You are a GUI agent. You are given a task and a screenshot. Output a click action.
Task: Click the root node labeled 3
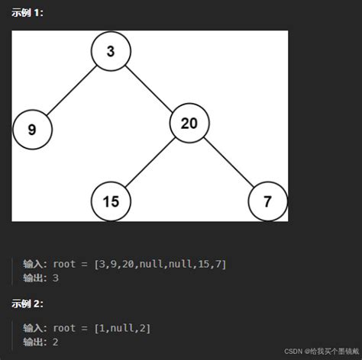pos(111,52)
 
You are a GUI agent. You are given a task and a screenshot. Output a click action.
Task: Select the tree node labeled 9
pos(32,130)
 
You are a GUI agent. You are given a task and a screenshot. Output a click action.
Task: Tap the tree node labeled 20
pos(189,123)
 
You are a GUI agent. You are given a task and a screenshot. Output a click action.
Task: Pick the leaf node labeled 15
pos(111,201)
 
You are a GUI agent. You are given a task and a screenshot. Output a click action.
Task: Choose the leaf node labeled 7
pos(267,201)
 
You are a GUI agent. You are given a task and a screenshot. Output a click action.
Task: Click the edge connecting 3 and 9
pos(71,91)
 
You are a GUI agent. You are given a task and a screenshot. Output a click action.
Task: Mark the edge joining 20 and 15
pos(150,162)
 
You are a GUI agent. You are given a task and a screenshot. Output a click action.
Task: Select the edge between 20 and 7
pos(228,162)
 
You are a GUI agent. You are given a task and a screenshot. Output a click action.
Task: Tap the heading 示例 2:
pos(27,303)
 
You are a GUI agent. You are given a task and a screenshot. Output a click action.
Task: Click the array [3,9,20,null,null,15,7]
pos(160,264)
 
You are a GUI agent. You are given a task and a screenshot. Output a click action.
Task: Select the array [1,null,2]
pos(122,328)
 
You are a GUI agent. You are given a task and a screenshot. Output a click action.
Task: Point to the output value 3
pos(56,278)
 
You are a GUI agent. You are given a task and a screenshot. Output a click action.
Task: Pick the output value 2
pos(56,342)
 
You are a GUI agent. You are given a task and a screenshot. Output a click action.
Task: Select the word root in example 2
pos(65,328)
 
